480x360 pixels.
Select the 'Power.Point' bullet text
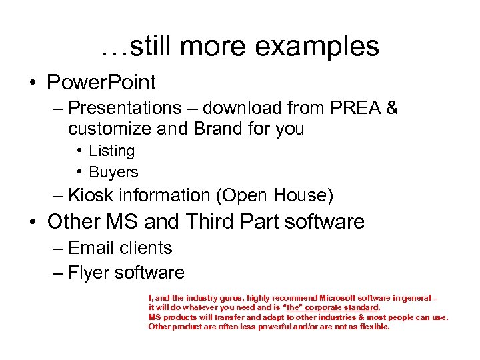101,83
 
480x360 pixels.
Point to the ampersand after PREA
392,108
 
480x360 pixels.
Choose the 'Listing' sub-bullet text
111,151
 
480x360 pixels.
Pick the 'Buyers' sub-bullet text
113,172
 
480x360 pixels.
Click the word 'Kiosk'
91,195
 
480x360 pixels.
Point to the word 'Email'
91,248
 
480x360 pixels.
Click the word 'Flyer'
89,273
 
